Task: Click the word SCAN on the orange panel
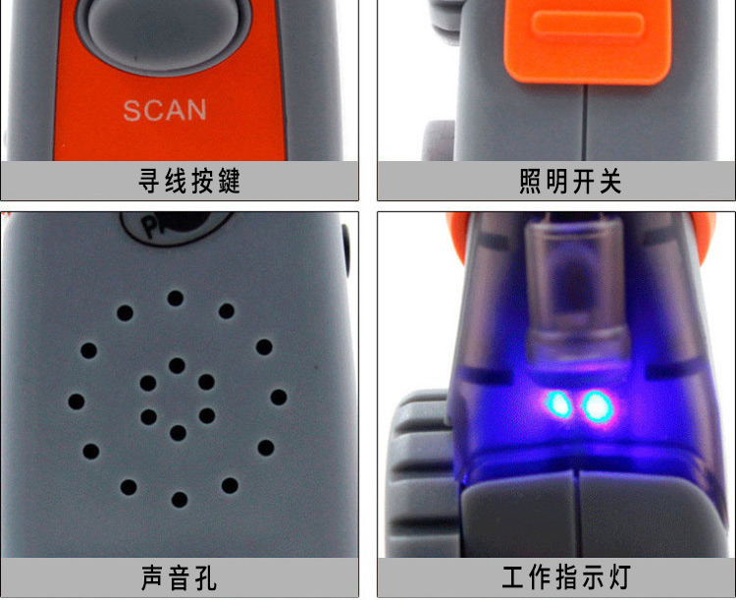pos(165,110)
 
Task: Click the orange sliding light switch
pos(587,40)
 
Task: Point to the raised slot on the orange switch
pos(588,24)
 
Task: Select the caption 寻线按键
pos(189,181)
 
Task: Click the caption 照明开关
pos(570,181)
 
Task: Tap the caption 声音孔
pos(179,577)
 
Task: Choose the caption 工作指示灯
pos(566,577)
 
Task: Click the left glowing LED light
pos(557,405)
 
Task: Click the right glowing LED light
pos(596,406)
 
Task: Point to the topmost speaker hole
pos(176,299)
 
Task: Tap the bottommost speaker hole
pos(180,500)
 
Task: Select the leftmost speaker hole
pos(77,402)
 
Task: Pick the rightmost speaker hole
pos(279,397)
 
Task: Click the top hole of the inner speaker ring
pos(177,365)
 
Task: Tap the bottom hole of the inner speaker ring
pos(178,433)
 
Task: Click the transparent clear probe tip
pos(575,292)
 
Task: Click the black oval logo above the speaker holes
pos(176,227)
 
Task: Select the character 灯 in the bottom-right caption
pos(619,577)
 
